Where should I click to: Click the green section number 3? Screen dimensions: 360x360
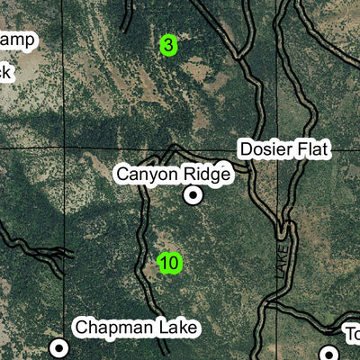pos(168,45)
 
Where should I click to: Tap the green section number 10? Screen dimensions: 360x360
pos(169,264)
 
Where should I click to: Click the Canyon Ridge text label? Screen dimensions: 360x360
pos(173,174)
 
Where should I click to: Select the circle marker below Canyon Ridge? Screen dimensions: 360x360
pos(193,194)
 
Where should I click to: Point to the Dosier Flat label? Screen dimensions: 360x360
pos(284,149)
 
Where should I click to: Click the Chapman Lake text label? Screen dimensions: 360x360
pos(136,327)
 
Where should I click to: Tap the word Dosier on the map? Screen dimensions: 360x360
pos(265,149)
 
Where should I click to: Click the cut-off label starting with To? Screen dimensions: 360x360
pos(352,335)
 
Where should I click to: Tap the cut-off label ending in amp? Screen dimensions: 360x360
pos(18,39)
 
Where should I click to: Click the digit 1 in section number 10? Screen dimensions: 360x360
pos(164,264)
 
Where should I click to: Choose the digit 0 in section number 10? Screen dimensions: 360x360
pos(175,264)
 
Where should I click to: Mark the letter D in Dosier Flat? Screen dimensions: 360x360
pos(244,149)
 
